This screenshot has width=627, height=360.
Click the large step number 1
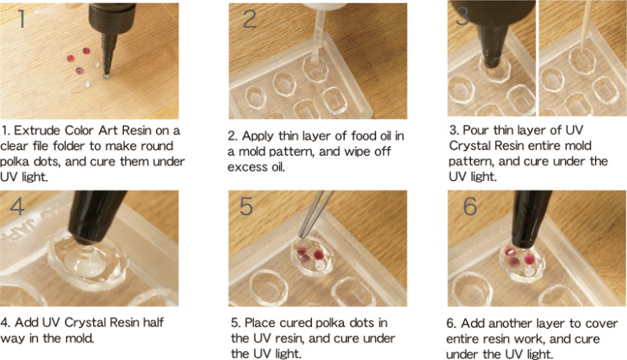point(22,18)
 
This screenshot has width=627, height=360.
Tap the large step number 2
point(249,18)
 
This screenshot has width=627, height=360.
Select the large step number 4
point(17,207)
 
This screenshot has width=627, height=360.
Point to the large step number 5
point(246,207)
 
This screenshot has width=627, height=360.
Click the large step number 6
point(470,207)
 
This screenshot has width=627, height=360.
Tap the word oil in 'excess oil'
point(278,167)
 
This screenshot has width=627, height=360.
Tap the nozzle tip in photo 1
point(106,75)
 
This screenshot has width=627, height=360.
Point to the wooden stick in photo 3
point(584,28)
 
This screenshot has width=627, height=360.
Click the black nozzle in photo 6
point(530,219)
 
